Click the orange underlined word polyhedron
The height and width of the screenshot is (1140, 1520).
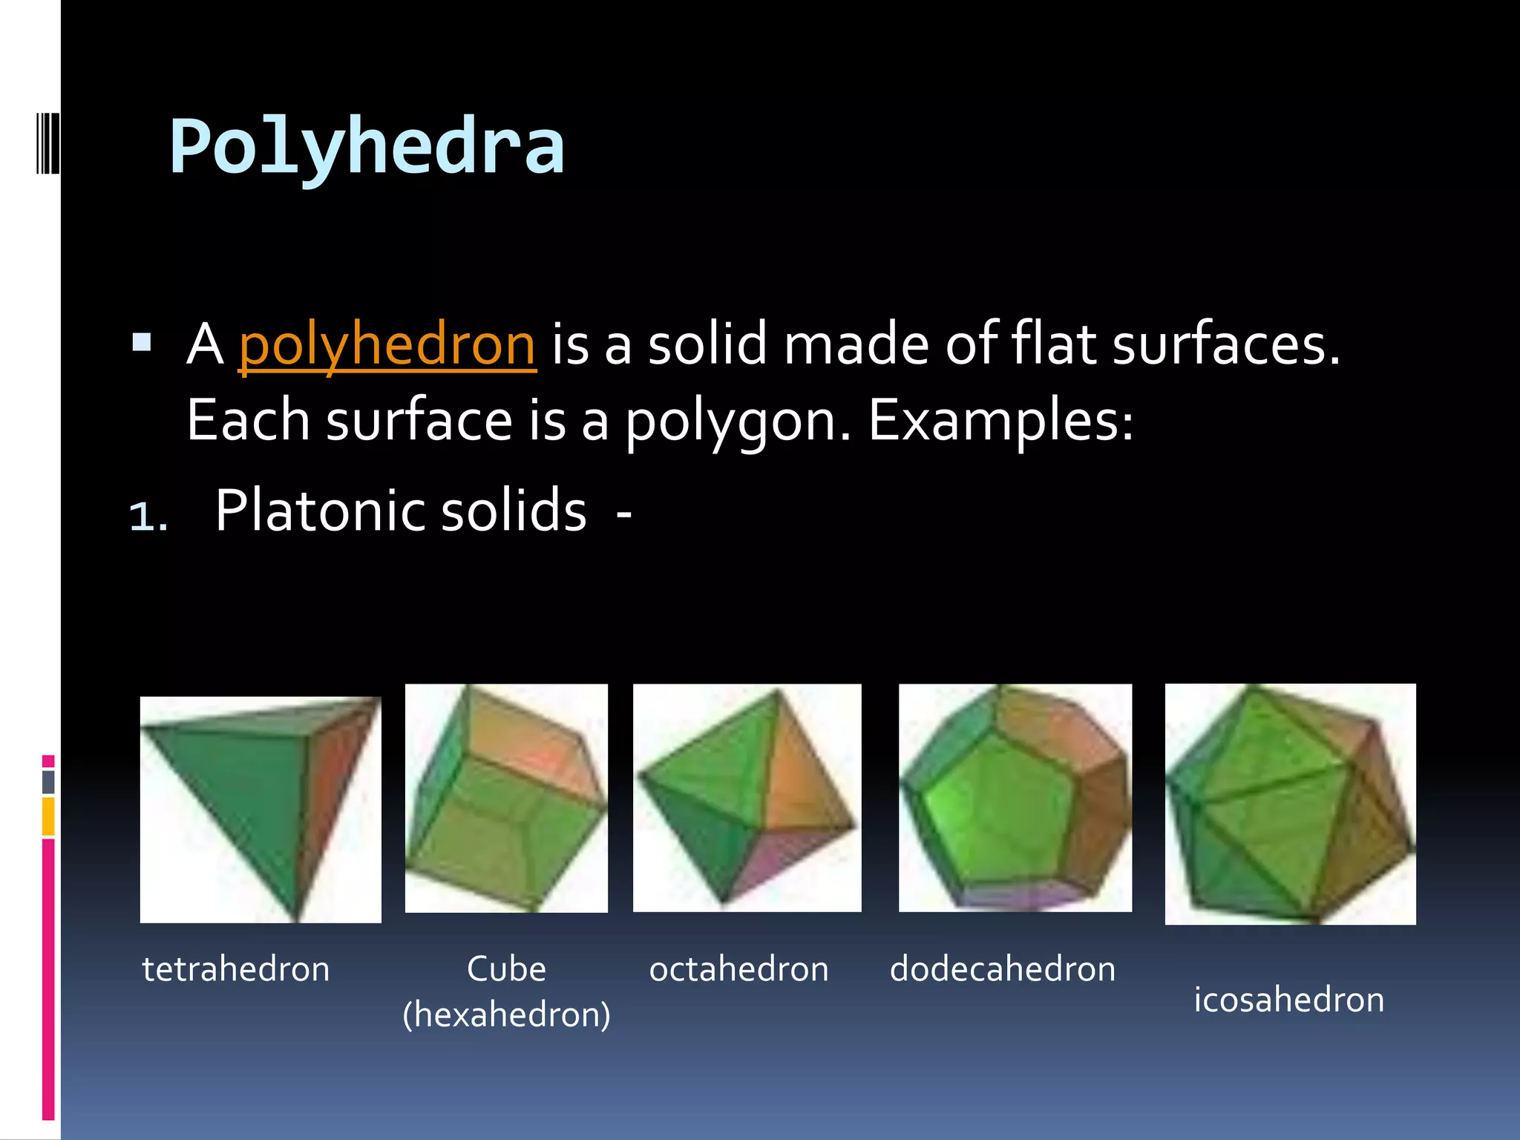click(387, 345)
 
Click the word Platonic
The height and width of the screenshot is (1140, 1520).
click(319, 511)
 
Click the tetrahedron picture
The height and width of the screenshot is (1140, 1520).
click(261, 809)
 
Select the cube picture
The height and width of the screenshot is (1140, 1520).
click(506, 798)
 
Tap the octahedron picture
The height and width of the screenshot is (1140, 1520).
click(747, 798)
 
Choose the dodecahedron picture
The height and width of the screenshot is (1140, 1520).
click(1015, 798)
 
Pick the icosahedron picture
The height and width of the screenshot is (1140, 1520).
click(1290, 804)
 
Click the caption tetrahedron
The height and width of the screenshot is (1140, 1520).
click(236, 969)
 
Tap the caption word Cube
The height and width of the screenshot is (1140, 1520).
click(506, 969)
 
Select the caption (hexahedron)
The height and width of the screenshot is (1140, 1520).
click(506, 1015)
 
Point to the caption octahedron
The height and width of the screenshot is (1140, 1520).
click(738, 969)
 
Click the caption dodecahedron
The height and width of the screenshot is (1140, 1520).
click(1003, 969)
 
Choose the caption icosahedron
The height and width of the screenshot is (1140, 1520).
click(1289, 1000)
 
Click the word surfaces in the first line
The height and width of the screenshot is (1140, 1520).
click(1225, 345)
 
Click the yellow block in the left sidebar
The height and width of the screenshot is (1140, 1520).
click(48, 816)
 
